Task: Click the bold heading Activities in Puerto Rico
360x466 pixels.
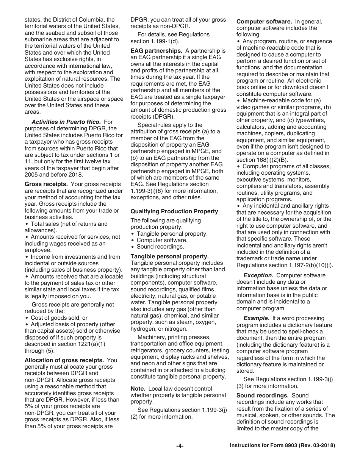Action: click(66, 122)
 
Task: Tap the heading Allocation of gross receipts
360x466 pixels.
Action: click(64, 360)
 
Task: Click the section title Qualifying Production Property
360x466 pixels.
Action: click(174, 211)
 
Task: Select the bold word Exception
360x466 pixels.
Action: click(258, 275)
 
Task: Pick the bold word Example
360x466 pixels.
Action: click(257, 318)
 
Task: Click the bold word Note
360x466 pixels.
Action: click(138, 389)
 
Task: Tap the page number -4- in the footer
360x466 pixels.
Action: click(180, 446)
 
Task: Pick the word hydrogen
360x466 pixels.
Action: click(143, 329)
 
